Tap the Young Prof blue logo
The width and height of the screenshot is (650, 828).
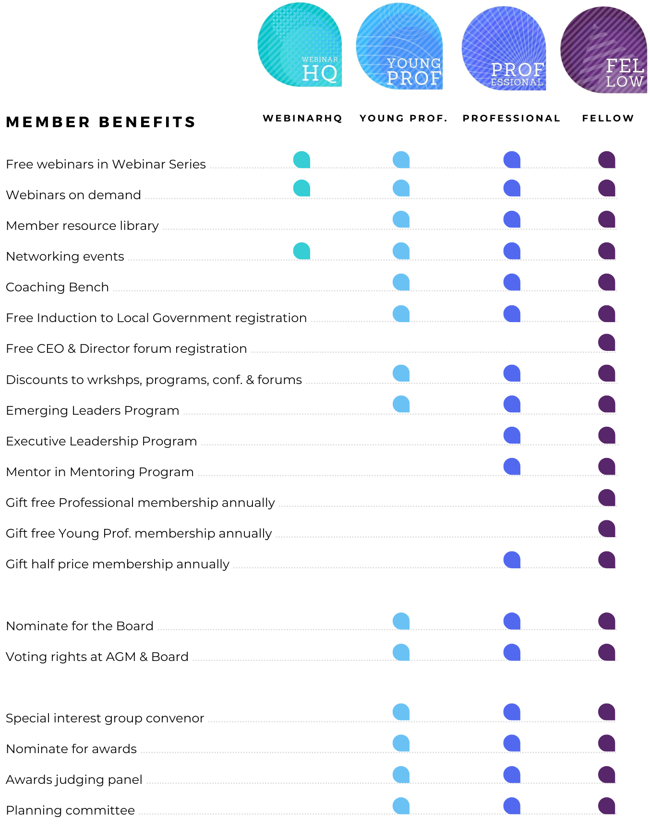(399, 46)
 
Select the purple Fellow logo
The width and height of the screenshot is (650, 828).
(603, 49)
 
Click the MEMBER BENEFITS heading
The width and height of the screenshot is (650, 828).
(100, 122)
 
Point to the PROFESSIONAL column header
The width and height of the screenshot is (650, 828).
(511, 118)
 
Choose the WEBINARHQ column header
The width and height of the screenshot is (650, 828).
(302, 118)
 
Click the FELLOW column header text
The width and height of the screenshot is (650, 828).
(608, 118)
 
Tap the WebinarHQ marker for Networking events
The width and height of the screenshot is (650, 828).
(301, 251)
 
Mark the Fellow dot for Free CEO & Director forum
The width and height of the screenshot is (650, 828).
(607, 342)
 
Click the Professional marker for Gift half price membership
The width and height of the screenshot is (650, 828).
(512, 560)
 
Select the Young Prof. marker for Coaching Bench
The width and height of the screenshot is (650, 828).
(401, 282)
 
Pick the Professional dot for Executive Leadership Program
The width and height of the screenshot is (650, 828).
(512, 435)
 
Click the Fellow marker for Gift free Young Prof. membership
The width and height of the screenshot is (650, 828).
(607, 528)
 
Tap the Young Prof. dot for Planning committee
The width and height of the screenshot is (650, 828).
(401, 805)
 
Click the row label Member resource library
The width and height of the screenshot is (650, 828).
(82, 226)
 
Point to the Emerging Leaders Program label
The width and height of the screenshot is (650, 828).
(92, 410)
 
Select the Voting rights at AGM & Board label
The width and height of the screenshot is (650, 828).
(97, 657)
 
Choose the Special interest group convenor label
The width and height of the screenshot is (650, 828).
(105, 718)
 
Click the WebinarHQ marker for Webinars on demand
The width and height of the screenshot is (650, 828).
(301, 188)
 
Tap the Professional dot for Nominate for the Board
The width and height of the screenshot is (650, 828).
(512, 621)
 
